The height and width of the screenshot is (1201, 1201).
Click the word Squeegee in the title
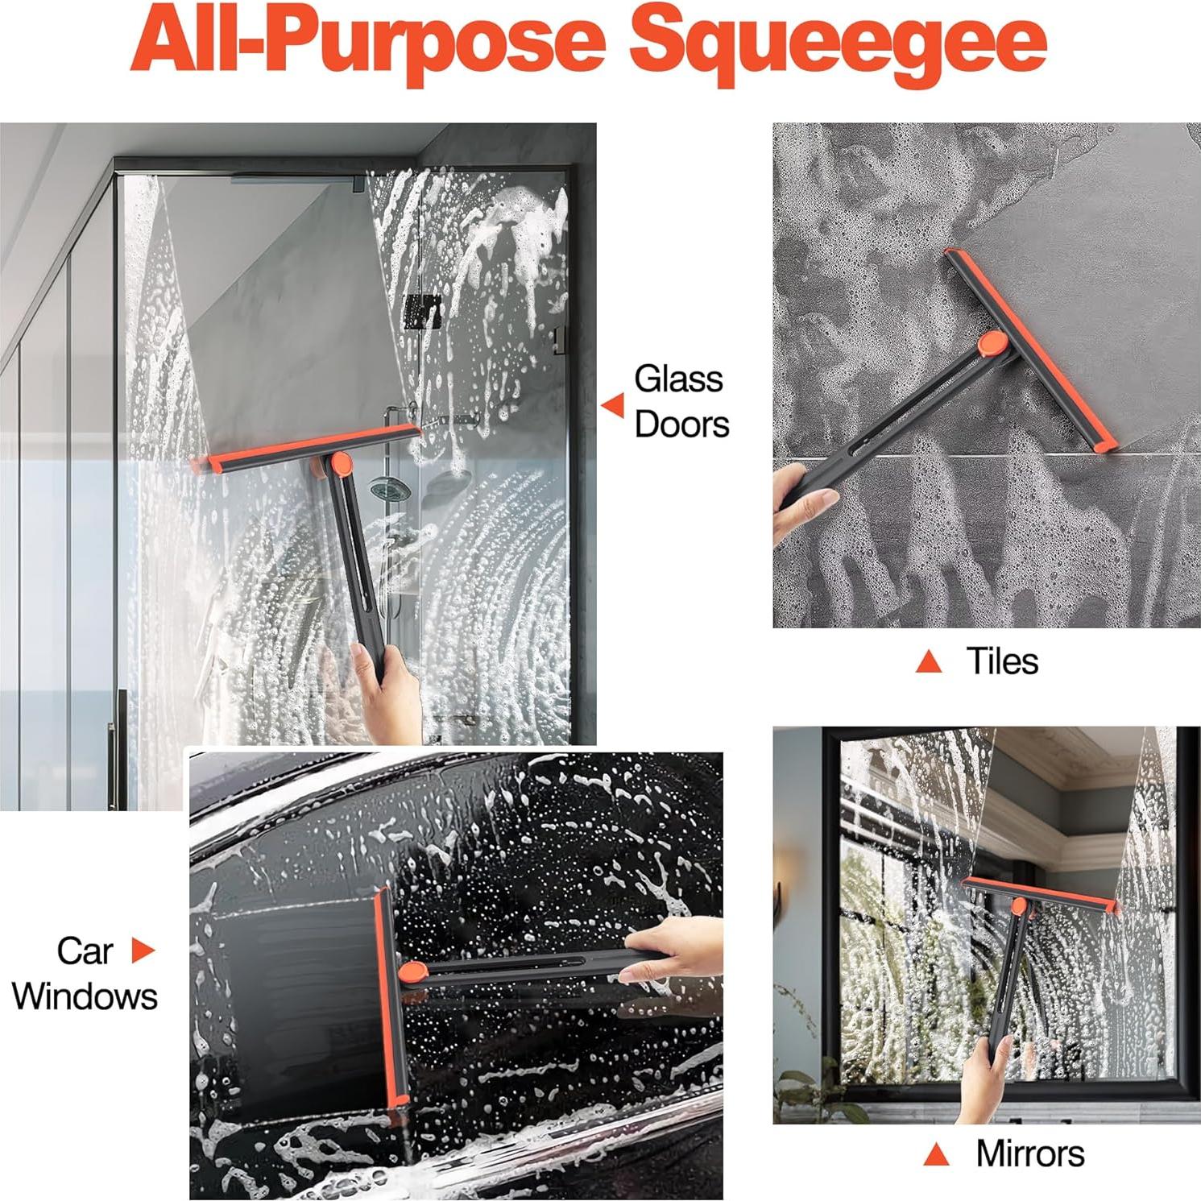tap(838, 42)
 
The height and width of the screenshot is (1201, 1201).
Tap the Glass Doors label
tap(681, 402)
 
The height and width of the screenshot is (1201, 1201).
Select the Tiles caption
tap(1001, 661)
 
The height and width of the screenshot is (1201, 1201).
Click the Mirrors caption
tap(1029, 1153)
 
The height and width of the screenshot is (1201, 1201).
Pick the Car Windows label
tap(84, 974)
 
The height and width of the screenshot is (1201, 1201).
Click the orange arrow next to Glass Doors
tap(614, 405)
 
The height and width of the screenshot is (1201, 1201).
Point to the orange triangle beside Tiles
tap(929, 662)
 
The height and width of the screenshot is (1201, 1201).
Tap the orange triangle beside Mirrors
tap(935, 1154)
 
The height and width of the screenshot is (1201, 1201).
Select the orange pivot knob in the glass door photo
tap(341, 463)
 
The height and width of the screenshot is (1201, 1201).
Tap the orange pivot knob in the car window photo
tap(412, 973)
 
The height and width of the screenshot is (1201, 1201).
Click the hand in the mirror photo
tap(984, 1079)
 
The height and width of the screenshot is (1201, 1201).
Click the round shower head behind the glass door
tap(390, 488)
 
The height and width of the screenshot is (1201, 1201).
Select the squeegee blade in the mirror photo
tap(1039, 894)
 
